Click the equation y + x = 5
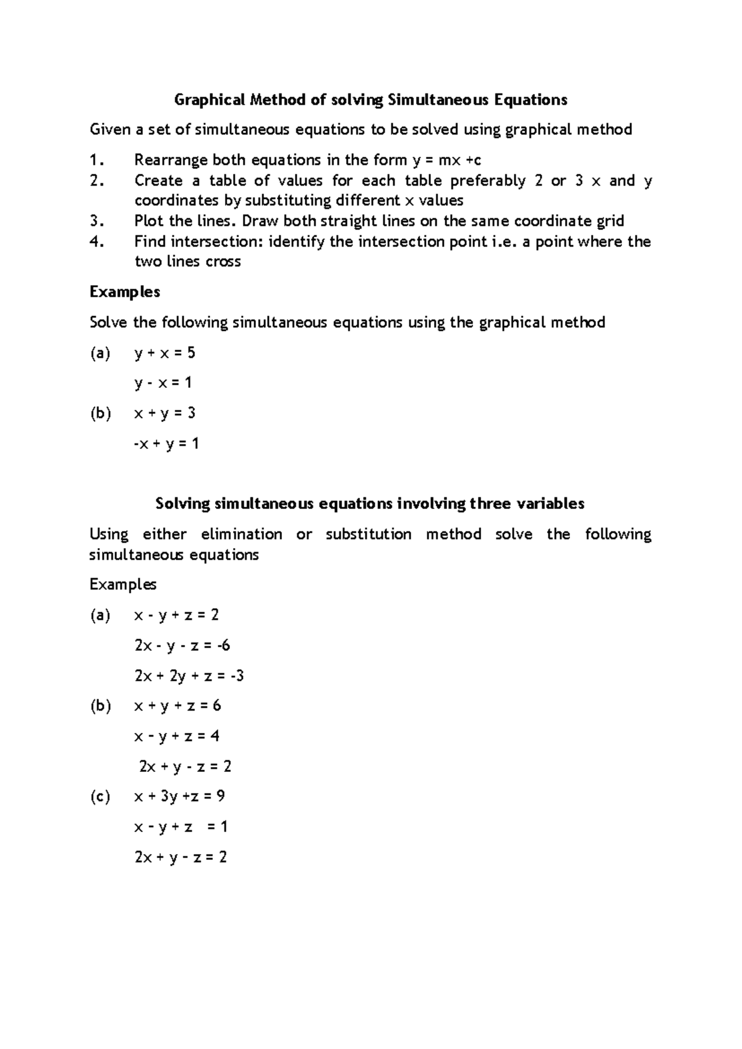tap(164, 353)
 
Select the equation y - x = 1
tap(163, 383)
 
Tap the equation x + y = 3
tap(164, 413)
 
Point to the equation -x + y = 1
tap(166, 443)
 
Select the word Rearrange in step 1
tap(171, 160)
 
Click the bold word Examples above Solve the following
tap(125, 292)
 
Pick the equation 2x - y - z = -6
tap(182, 645)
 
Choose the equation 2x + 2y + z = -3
tap(189, 675)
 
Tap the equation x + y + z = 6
tap(177, 706)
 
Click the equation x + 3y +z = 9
tap(179, 796)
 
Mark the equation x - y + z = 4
tap(177, 736)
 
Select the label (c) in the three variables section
tap(100, 796)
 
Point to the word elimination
tap(241, 534)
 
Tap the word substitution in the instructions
tap(369, 534)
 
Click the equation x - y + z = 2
tap(177, 615)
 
